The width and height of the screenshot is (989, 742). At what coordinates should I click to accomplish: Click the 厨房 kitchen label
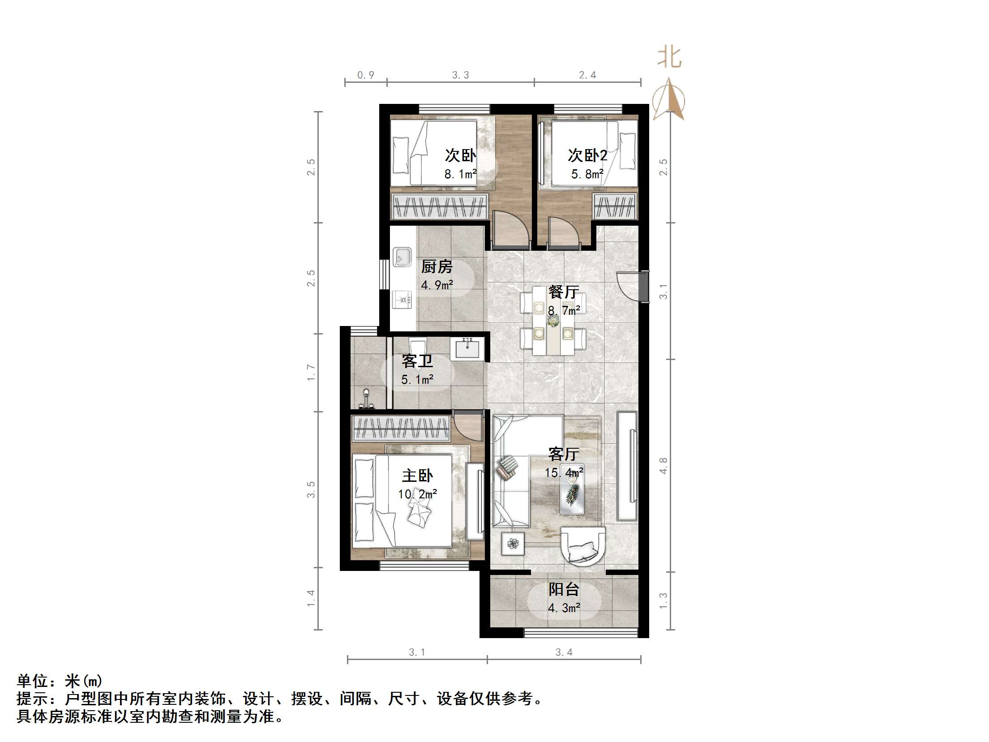437,267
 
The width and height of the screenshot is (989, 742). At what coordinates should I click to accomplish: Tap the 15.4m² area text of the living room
564,472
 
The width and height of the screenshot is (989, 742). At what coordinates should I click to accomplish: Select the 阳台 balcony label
564,589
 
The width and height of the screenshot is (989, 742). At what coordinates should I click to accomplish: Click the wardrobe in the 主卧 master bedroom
401,429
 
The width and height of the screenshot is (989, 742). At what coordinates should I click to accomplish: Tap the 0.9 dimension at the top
365,75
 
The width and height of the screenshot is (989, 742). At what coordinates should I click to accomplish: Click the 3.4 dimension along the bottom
564,652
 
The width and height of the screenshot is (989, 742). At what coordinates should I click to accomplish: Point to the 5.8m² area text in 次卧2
587,174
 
